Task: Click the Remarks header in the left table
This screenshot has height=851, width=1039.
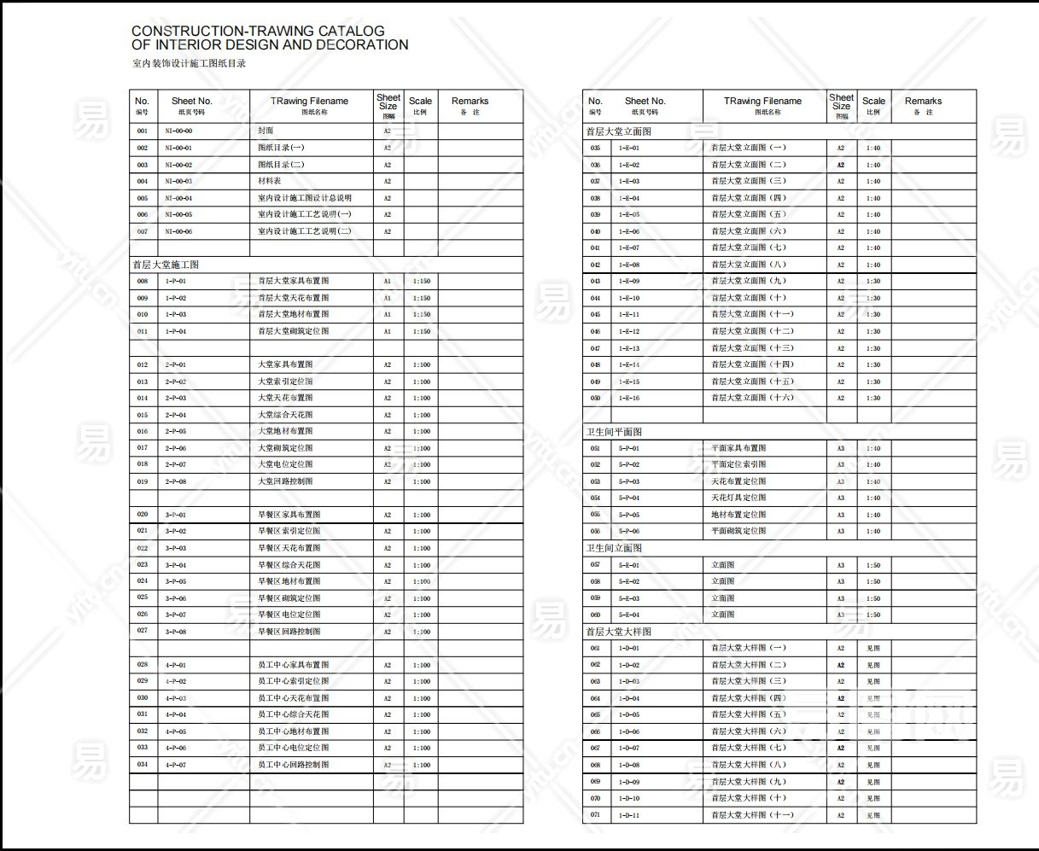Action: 470,102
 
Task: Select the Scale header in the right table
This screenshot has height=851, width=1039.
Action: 873,102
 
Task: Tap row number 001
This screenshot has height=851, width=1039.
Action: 142,131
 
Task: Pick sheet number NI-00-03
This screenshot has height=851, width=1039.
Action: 178,181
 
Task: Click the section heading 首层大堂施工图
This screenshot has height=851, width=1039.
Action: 166,265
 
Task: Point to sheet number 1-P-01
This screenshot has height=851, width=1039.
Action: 176,281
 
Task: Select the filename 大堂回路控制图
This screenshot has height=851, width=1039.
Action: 285,481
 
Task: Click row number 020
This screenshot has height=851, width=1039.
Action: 142,515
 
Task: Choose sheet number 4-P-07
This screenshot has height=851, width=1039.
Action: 176,765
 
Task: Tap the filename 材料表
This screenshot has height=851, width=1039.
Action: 269,181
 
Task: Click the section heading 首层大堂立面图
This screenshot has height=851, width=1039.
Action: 619,131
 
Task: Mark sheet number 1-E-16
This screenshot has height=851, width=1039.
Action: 629,398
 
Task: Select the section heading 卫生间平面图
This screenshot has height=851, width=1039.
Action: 614,432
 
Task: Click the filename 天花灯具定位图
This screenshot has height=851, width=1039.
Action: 738,498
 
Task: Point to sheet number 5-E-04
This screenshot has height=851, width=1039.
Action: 629,615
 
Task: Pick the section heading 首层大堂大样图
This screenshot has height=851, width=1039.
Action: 619,632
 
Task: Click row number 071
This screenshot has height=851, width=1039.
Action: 595,815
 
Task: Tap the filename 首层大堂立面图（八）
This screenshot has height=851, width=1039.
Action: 749,265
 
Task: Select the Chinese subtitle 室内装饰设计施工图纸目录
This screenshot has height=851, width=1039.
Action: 189,64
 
